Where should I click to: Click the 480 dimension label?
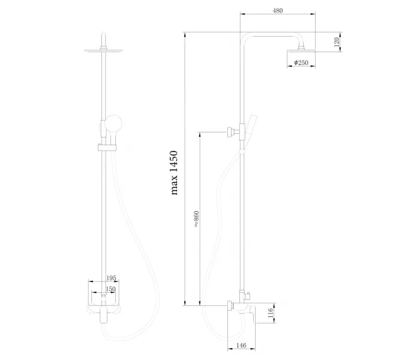(x=278, y=11)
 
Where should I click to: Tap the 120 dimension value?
(x=337, y=42)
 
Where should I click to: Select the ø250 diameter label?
(x=301, y=62)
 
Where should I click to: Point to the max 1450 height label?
(x=175, y=173)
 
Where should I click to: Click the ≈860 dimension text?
(x=196, y=219)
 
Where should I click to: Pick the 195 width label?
(x=112, y=278)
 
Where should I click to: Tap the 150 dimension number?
(x=110, y=289)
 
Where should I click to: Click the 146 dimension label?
(x=241, y=345)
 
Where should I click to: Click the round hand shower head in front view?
(x=113, y=124)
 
